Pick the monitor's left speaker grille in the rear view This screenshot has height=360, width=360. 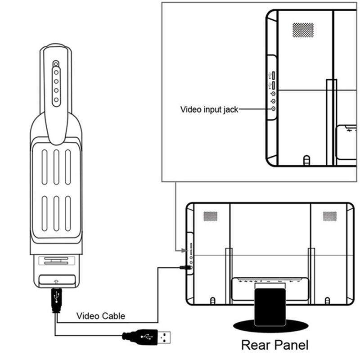pos(210,216)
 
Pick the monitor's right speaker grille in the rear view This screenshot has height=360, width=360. pos(330,216)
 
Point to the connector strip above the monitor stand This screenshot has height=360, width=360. pos(270,281)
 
